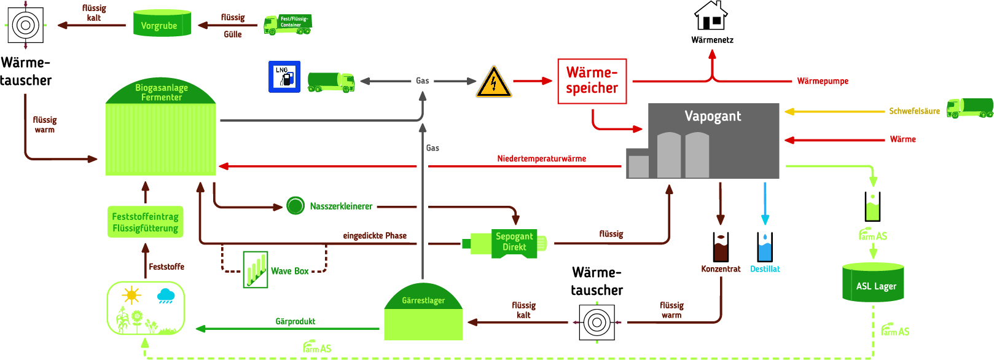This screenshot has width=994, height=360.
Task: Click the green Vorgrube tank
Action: pos(162,24)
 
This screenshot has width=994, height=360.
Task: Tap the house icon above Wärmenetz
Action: pos(711,16)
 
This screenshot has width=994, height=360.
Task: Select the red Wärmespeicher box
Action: pos(592,81)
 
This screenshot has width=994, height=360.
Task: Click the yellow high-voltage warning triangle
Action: pos(493,83)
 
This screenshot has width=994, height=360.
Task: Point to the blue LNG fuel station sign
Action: pos(284,77)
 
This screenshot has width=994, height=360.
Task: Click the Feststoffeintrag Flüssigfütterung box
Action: pos(146,222)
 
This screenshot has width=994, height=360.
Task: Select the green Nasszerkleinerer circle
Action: pos(295,206)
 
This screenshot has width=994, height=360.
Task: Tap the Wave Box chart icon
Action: pos(255,269)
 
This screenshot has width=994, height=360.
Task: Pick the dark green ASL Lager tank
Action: pos(873,283)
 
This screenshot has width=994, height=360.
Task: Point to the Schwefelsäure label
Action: pos(914,111)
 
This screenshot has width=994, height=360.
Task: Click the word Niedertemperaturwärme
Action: pos(541,158)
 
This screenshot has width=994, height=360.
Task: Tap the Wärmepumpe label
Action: pos(823,81)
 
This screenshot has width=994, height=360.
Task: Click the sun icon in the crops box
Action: pos(131,295)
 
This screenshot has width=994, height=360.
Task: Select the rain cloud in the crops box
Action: pos(166,296)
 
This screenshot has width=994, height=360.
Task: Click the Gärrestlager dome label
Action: pos(423,300)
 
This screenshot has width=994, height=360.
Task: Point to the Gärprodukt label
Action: pos(295,321)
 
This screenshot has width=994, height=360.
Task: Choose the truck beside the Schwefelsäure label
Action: pos(969,108)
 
